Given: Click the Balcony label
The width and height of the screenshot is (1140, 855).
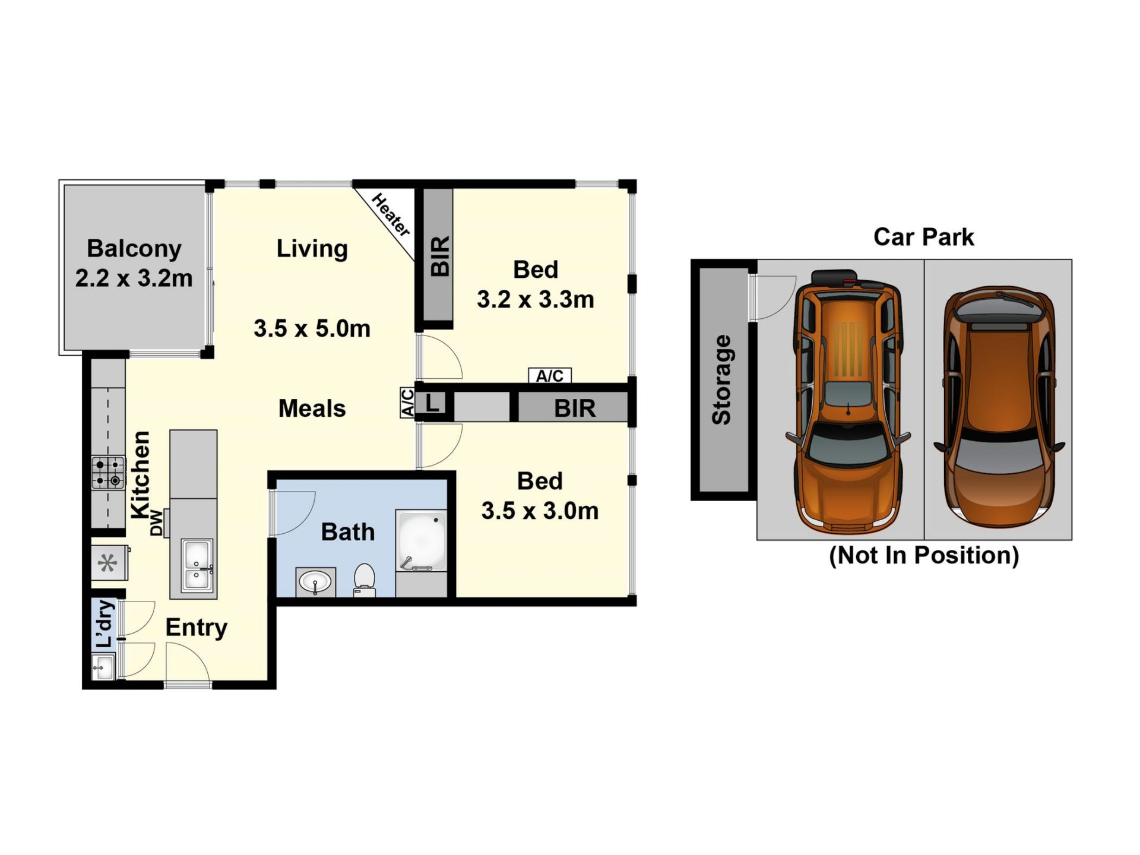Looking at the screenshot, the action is point(134,249).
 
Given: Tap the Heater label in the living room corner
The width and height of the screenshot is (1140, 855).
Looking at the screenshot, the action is point(391,214).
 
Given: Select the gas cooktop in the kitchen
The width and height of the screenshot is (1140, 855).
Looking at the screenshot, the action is point(108,473).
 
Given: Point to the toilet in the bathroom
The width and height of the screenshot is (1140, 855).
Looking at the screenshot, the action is point(364,579).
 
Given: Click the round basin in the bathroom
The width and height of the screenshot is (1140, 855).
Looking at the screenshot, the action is point(315,582).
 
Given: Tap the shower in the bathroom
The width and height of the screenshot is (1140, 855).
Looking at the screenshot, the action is point(422,541).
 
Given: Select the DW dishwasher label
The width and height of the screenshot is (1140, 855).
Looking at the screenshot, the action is point(156,522).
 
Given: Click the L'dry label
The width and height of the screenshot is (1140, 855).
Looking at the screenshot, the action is point(104,623).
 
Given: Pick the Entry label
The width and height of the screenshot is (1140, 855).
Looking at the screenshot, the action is point(197,628).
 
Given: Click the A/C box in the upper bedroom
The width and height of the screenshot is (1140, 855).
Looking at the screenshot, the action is point(550,376).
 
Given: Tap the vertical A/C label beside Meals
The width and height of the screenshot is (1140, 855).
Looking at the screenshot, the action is point(407,403).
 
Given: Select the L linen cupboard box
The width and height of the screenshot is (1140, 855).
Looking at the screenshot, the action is point(432,403).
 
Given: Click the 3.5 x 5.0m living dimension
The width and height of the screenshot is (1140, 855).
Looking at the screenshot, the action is point(312,328).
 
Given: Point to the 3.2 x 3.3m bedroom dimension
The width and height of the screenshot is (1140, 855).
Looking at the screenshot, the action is point(536,299).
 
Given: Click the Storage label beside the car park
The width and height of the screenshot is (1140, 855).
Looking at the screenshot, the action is point(721,380).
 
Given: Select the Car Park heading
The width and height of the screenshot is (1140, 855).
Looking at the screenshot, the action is point(924,237).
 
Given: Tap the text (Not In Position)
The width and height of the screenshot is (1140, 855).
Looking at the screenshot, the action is point(924,555).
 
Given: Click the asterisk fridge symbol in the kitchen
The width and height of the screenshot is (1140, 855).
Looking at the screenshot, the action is point(108,563).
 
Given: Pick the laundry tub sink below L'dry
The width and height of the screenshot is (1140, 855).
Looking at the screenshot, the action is point(103,667).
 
